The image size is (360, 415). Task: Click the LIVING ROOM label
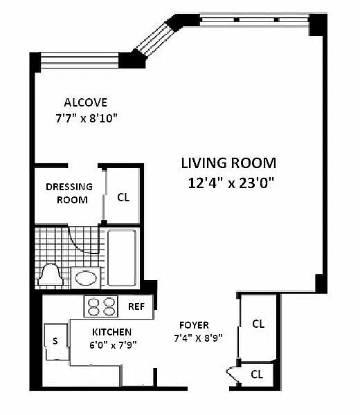[x=228, y=163]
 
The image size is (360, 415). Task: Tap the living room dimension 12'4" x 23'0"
[x=231, y=183]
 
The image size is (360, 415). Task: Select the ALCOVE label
[x=86, y=102]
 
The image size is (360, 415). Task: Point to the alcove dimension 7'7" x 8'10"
[x=87, y=118]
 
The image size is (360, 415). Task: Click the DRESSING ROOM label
[x=69, y=193]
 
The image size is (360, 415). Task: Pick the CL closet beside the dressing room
[x=123, y=197]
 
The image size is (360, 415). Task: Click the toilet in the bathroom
[x=51, y=275]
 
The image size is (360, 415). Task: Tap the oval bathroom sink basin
[x=86, y=278]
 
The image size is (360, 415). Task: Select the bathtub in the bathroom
[x=122, y=257]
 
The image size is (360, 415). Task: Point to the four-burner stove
[x=102, y=306]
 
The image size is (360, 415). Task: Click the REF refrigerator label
[x=136, y=306]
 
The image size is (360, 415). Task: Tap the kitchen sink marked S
[x=55, y=341]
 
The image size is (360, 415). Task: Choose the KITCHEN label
[x=111, y=332]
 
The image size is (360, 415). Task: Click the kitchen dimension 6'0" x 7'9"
[x=113, y=345]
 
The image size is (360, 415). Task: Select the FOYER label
[x=194, y=325]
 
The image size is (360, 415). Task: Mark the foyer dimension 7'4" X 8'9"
[x=198, y=338]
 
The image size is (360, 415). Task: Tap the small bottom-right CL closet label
[x=257, y=374]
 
